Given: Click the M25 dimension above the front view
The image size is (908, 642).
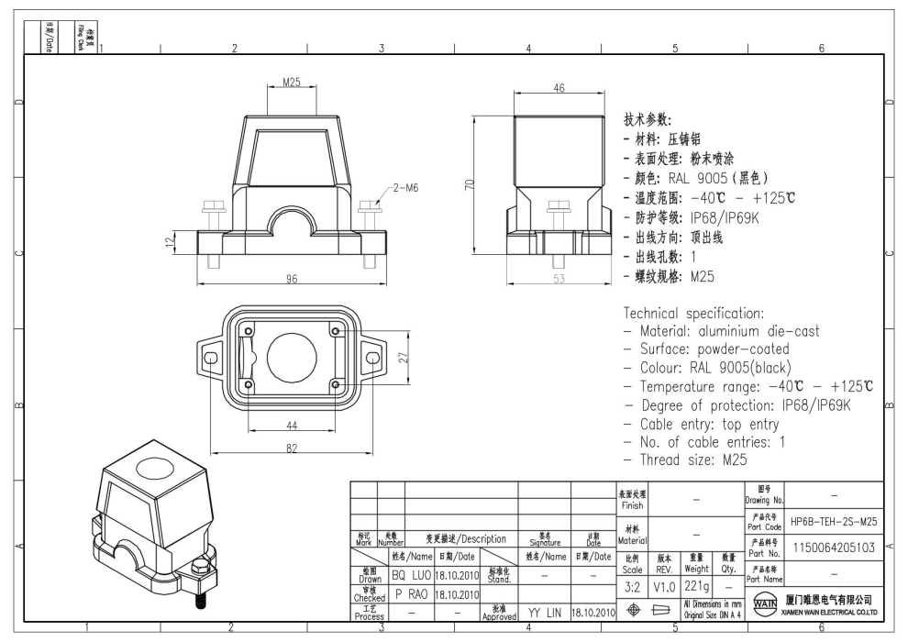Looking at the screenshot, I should tap(291, 83).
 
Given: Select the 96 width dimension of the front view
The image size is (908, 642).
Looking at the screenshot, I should tap(293, 280).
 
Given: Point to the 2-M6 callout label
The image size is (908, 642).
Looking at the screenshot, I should tap(405, 188).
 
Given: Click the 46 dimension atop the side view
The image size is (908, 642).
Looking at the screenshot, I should tap(559, 87).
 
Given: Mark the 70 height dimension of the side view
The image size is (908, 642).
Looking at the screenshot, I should tap(469, 183).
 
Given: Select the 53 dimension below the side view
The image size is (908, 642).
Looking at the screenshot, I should tap(559, 280).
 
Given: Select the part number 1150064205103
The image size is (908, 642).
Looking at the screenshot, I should tap(834, 548).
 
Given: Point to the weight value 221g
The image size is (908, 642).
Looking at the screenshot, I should tap(697, 585).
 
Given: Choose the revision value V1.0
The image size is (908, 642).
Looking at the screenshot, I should tap(665, 585).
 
